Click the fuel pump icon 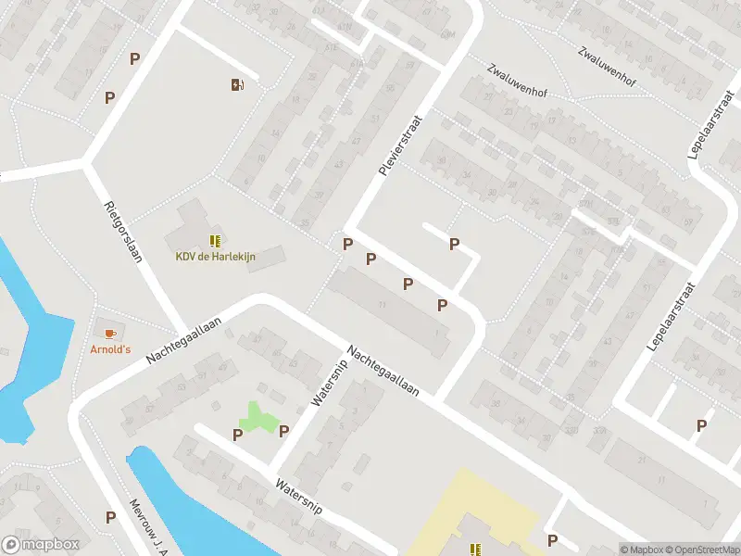238,85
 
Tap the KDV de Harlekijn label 215,257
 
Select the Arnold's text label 110,349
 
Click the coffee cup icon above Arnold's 110,332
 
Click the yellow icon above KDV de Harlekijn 215,241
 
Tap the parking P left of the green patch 238,435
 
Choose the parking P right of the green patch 284,430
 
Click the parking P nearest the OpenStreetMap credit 553,540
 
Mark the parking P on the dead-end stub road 454,244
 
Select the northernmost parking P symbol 134,58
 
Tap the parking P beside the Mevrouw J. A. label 110,517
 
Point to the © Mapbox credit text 642,549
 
